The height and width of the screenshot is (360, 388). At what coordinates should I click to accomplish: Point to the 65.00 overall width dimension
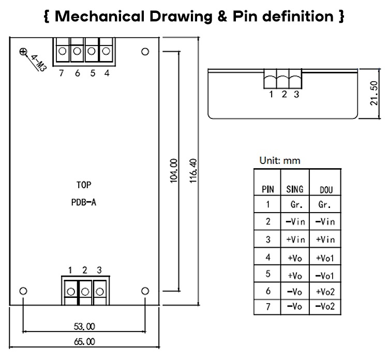pos(84,342)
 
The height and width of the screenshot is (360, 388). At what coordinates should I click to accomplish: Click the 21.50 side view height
pos(374,93)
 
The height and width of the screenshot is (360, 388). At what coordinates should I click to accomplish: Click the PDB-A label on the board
pos(84,203)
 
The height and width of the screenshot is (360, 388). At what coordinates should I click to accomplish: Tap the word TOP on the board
pos(84,185)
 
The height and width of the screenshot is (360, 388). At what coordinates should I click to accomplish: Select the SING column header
pos(295,189)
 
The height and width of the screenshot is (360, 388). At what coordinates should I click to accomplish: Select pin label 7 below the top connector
pos(62,73)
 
